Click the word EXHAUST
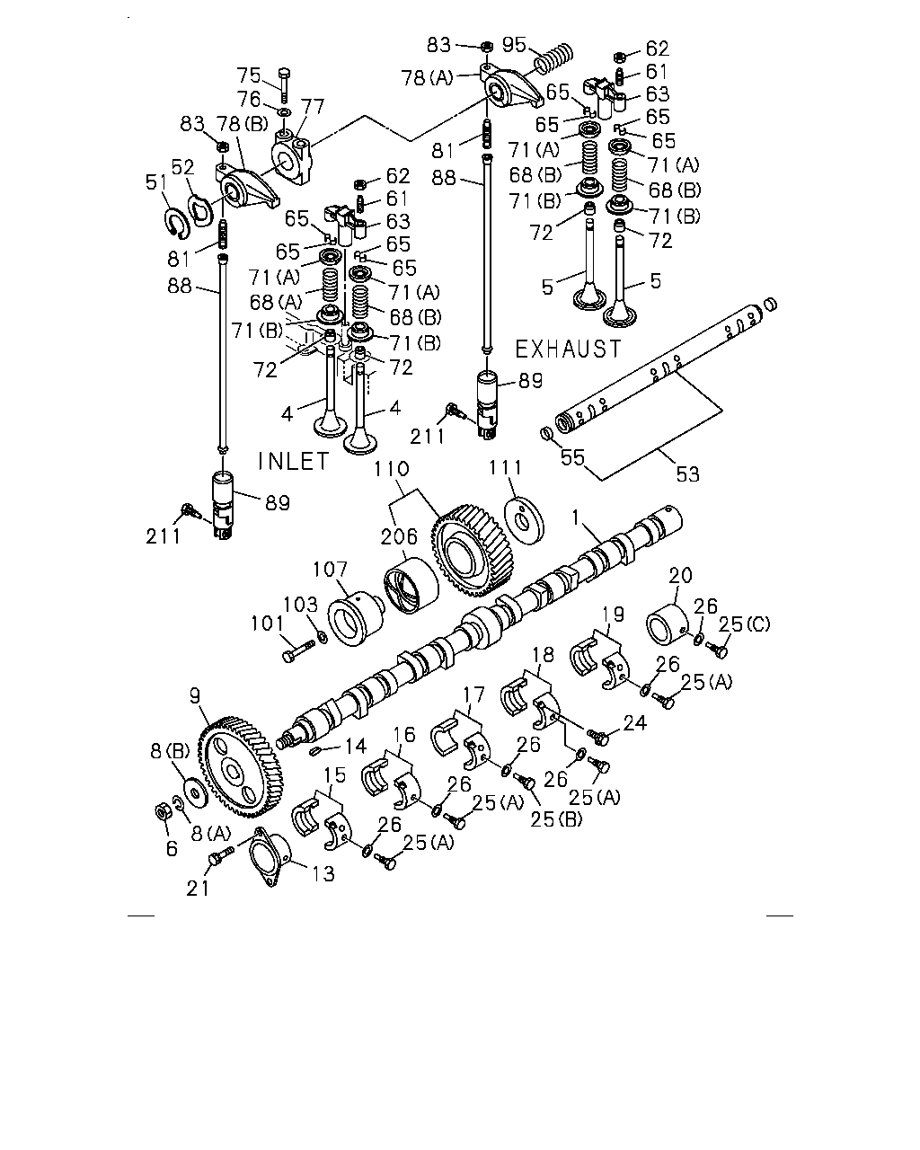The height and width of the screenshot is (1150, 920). [568, 349]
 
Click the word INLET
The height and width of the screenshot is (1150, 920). [294, 461]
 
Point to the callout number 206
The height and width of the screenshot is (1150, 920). [399, 536]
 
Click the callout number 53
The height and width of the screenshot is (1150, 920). [687, 473]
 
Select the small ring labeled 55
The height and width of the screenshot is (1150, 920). [545, 435]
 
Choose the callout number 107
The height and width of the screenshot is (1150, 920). [331, 569]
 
